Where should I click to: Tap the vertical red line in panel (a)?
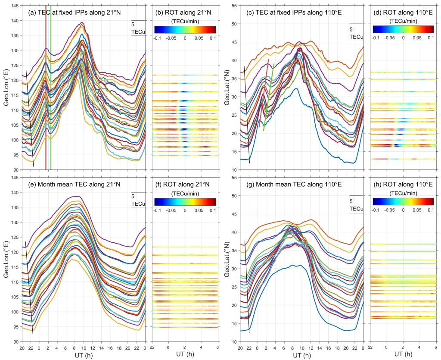tap(46, 108)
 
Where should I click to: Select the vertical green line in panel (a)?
tap(51, 108)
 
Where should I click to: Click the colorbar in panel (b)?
tap(185, 29)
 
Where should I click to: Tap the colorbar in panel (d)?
tap(403, 29)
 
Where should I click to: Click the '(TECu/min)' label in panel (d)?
tap(403, 21)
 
